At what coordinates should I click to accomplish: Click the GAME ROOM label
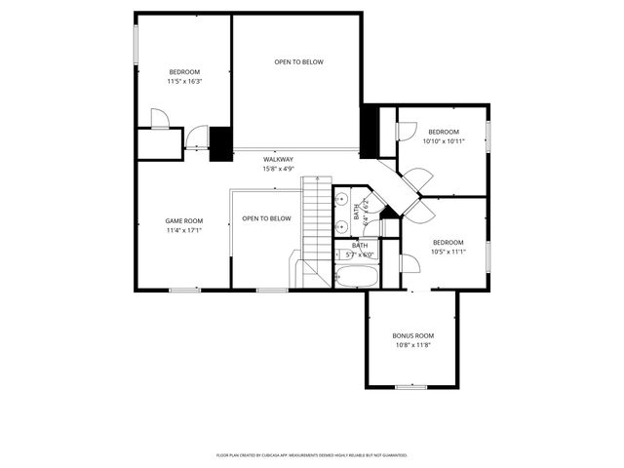click(183, 221)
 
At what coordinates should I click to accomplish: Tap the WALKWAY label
click(278, 159)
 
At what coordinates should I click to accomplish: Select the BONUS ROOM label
click(412, 335)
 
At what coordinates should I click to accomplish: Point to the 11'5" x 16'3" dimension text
click(184, 82)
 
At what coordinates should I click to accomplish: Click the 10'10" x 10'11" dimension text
click(444, 141)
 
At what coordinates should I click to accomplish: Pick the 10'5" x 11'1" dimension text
click(448, 252)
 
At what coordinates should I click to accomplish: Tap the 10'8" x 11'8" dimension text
click(412, 345)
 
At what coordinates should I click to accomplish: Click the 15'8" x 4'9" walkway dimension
click(278, 169)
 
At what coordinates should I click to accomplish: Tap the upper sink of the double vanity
click(342, 199)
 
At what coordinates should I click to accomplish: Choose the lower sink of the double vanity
click(342, 224)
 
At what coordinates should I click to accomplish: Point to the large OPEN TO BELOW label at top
click(298, 62)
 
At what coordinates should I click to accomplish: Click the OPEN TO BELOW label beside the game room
click(266, 218)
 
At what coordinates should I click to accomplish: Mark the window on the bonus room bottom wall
click(411, 386)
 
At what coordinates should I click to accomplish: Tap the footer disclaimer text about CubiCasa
click(311, 455)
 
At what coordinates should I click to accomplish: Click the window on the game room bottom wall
click(184, 290)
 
